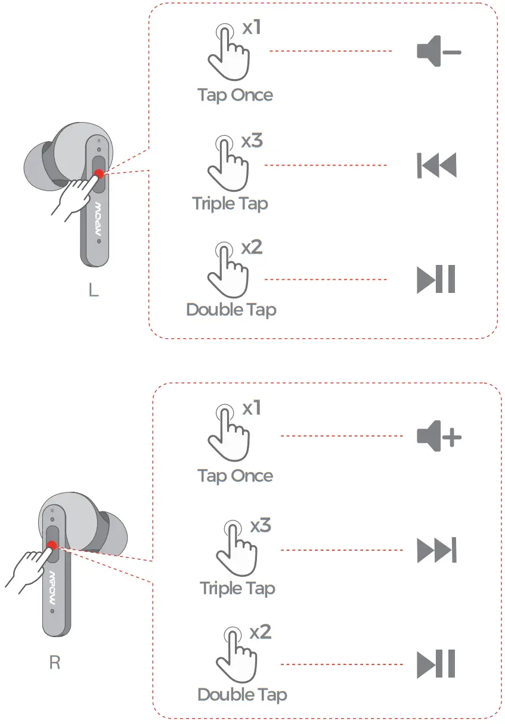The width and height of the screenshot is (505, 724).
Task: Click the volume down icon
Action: [x=438, y=52]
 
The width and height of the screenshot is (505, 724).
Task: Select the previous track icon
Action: [x=436, y=166]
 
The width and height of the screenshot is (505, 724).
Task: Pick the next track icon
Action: [x=436, y=550]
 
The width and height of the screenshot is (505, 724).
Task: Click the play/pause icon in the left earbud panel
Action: [x=436, y=279]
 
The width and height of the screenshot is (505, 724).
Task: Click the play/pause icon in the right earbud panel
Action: [x=436, y=664]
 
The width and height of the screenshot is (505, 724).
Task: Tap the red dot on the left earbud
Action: [x=98, y=174]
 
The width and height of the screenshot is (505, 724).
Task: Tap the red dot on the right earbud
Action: [x=52, y=545]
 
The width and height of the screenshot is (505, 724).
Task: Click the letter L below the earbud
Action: [x=93, y=291]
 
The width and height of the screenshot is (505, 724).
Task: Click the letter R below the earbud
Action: [x=54, y=663]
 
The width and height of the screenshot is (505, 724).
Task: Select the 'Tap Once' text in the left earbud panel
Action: [x=235, y=95]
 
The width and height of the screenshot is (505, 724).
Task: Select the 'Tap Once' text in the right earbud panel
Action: [x=235, y=476]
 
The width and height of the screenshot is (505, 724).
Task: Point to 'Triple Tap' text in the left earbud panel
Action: [x=230, y=204]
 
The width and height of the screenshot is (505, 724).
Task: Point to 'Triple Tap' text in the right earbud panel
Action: [x=237, y=588]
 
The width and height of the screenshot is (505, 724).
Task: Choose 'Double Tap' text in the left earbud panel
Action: [x=231, y=310]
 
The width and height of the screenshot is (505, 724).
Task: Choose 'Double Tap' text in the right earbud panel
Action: [x=242, y=695]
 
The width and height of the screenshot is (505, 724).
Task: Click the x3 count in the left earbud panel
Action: [x=252, y=141]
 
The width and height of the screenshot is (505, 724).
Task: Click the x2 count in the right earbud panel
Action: [x=261, y=632]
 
